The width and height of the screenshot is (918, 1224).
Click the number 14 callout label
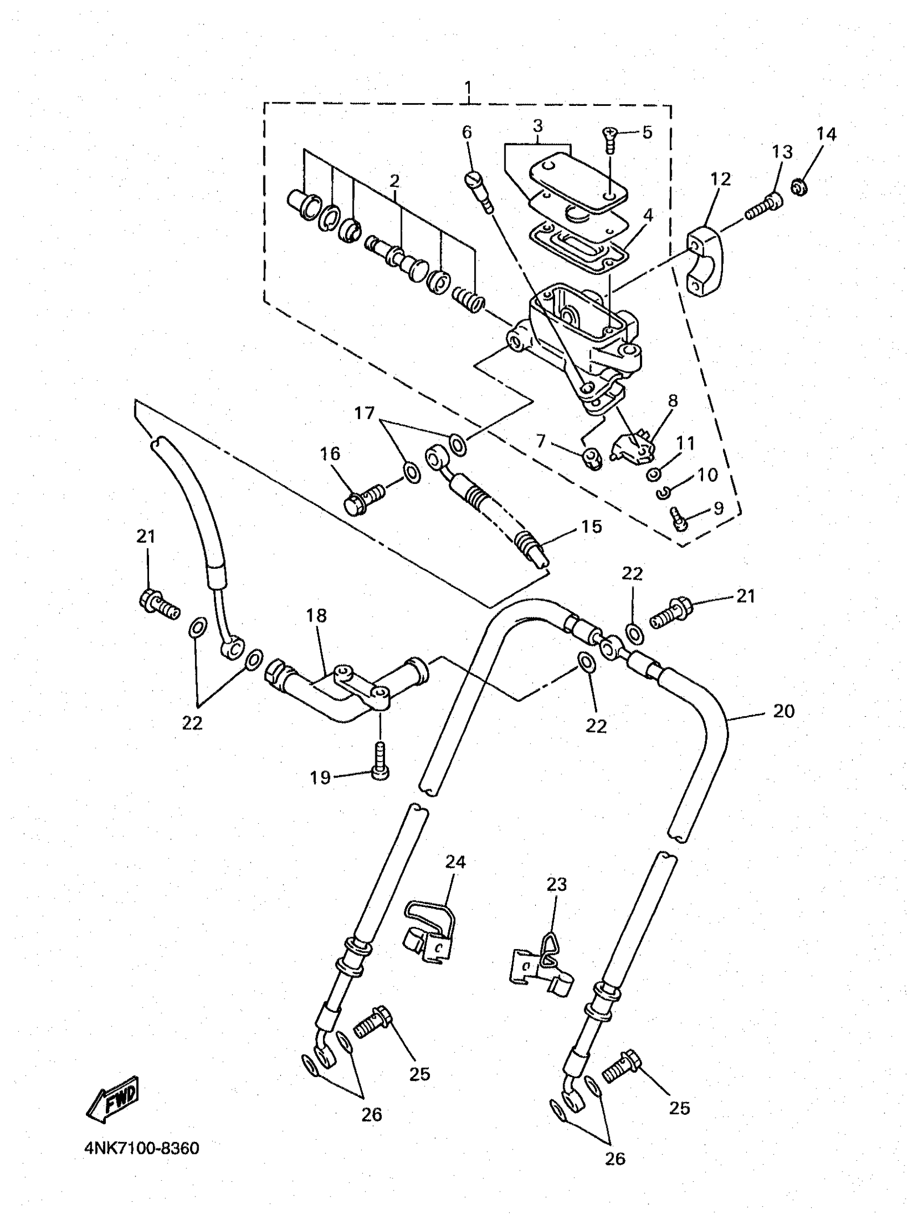pyautogui.click(x=826, y=134)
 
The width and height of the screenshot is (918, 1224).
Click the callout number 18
pyautogui.click(x=316, y=615)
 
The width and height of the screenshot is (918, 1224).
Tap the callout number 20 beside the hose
pyautogui.click(x=783, y=711)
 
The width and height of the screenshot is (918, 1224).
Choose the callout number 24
pyautogui.click(x=455, y=862)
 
